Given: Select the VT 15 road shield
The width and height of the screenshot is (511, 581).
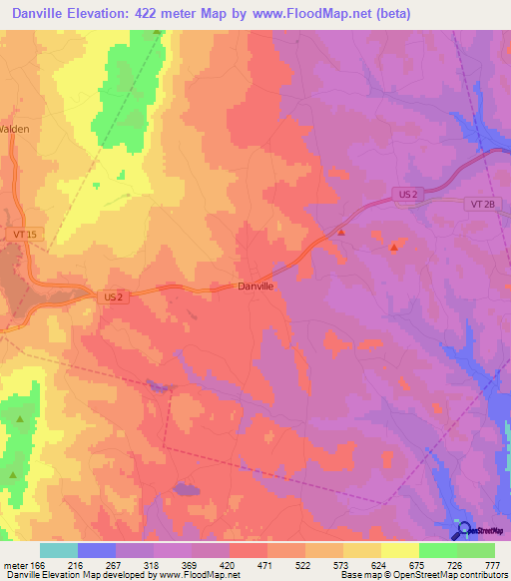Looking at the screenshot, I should click(24, 234).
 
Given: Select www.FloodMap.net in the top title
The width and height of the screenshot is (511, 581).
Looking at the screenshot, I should click(307, 15).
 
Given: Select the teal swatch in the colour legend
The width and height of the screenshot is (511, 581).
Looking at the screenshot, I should click(59, 550).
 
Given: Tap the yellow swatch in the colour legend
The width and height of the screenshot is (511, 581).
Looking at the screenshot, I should click(400, 550).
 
